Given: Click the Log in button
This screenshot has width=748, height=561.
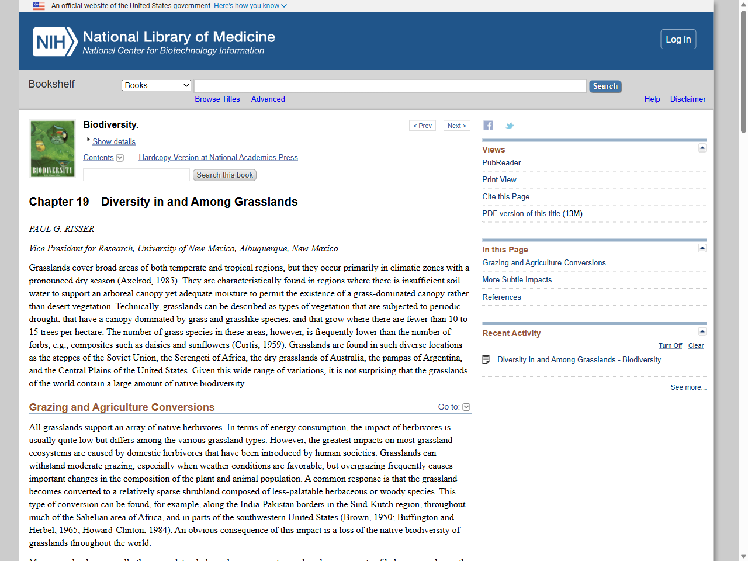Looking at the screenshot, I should (678, 39).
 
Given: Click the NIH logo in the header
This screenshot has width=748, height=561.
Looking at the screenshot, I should (55, 42).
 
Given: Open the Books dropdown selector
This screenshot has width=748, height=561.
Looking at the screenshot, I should (157, 85).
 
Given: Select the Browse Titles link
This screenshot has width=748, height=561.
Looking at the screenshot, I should (217, 99).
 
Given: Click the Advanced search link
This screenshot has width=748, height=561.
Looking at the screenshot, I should (268, 99).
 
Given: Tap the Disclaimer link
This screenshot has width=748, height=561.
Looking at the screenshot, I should (687, 99).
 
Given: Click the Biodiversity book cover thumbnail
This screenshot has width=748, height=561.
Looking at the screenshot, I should (53, 149).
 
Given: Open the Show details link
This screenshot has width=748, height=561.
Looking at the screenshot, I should (113, 142).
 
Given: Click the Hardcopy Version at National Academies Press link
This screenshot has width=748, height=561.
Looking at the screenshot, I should (218, 158).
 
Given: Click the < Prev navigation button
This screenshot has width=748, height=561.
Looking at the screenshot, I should (422, 126).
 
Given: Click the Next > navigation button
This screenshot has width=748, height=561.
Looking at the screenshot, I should (456, 126).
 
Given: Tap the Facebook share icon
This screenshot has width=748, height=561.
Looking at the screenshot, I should (488, 126).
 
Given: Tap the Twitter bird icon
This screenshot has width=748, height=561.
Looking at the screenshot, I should (510, 126).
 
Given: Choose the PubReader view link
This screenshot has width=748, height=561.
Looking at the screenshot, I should (501, 163).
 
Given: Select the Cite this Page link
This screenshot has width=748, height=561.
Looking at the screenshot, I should (505, 197).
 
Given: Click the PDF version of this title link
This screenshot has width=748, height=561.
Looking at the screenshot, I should (532, 214).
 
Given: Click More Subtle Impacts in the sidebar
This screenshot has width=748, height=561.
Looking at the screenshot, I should (517, 280).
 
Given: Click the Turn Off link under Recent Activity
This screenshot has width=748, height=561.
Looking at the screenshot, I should (670, 346).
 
